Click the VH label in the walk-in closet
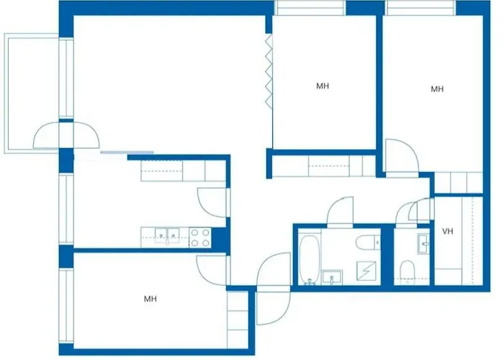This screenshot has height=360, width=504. coord(447,231)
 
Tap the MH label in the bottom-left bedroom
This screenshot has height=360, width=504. coord(150,298)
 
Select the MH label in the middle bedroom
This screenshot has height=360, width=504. coord(322,86)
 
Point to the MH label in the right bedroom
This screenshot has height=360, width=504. coord(436,89)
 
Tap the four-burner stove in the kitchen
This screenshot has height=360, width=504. coord(200,238)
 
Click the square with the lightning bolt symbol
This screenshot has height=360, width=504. coord(367,271)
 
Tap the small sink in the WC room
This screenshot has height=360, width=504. coord(422,243)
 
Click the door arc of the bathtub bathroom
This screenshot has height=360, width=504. coord(340,212)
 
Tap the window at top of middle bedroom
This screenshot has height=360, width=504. coord(310,8)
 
